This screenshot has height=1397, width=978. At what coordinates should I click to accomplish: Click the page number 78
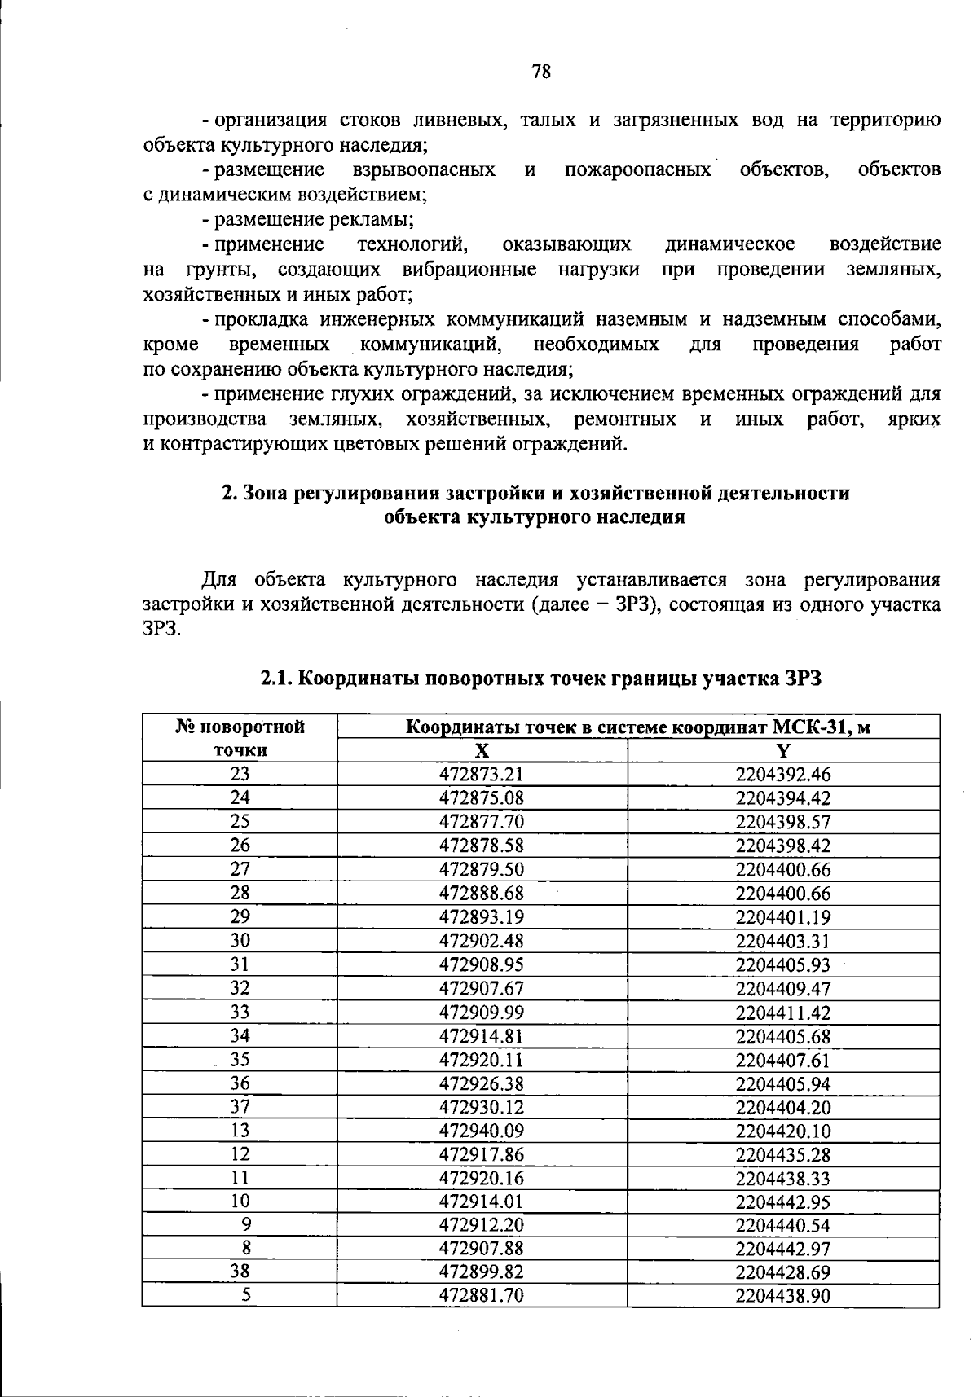tap(541, 72)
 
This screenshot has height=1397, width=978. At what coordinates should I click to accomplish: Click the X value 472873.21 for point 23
tap(481, 774)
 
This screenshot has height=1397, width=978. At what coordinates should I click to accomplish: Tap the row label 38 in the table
tap(240, 1272)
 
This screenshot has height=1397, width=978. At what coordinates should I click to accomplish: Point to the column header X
tap(482, 751)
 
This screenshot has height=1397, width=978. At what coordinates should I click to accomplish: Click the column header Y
tap(783, 751)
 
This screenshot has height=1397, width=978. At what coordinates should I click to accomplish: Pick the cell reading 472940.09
tap(481, 1131)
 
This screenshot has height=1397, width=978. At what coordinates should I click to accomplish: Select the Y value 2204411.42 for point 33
tap(782, 1013)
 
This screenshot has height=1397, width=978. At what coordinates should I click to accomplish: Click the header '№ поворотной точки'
tap(240, 738)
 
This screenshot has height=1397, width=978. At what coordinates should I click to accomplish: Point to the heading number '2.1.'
tap(277, 679)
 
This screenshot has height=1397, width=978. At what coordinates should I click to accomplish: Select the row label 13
tap(240, 1130)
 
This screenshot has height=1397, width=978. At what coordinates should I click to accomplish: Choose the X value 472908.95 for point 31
tap(481, 964)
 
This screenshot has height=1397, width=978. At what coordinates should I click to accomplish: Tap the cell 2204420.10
tap(782, 1131)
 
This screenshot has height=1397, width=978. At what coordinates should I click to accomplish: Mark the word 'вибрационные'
tap(469, 269)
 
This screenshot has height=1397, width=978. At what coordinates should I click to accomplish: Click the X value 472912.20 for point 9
tap(481, 1225)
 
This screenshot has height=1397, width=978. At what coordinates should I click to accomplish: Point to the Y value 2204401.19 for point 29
tap(782, 917)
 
